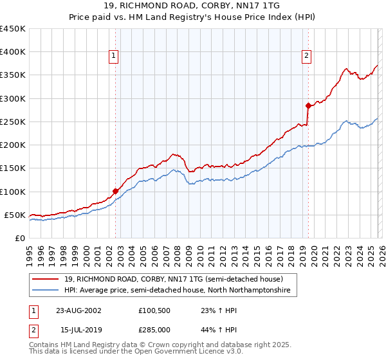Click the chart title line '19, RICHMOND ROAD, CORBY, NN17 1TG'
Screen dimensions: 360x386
pyautogui.click(x=192, y=7)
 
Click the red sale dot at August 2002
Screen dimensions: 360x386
pyautogui.click(x=116, y=191)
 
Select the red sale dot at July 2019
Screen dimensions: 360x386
pyautogui.click(x=308, y=105)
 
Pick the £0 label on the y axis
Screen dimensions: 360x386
pyautogui.click(x=20, y=238)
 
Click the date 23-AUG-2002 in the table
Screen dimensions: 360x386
pyautogui.click(x=78, y=310)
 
